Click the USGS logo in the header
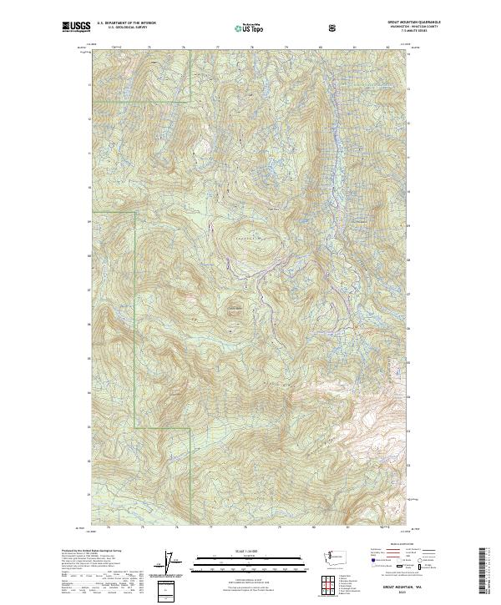tap(75, 28)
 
